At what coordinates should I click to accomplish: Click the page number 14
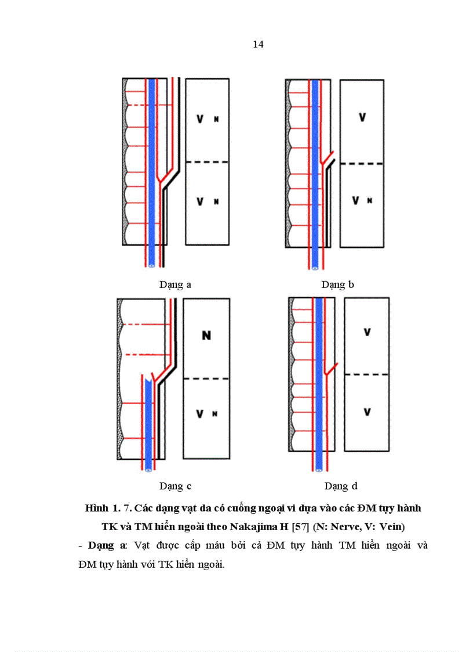click(259, 45)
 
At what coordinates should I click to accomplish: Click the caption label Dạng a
click(175, 284)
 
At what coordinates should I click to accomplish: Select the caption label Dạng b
click(338, 284)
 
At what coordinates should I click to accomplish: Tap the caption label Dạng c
click(175, 486)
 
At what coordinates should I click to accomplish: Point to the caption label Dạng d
click(341, 486)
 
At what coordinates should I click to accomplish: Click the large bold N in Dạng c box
click(206, 336)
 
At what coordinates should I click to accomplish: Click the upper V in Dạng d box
click(367, 332)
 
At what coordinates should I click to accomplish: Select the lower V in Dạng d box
click(367, 412)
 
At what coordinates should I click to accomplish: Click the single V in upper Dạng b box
click(362, 117)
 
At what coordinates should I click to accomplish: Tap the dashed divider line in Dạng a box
click(206, 162)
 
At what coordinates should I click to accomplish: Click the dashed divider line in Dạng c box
click(206, 379)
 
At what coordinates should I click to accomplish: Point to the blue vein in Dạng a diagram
click(151, 174)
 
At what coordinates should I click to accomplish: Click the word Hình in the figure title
click(96, 509)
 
